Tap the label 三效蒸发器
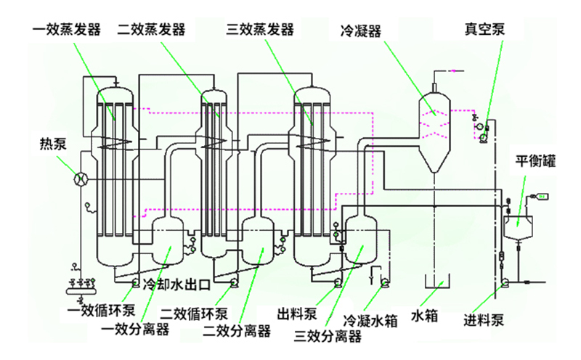click(x=260, y=30)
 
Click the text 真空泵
click(x=484, y=30)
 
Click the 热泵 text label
click(x=54, y=142)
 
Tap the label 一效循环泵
click(x=102, y=313)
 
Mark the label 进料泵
click(x=484, y=320)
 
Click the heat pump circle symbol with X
click(x=82, y=177)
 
